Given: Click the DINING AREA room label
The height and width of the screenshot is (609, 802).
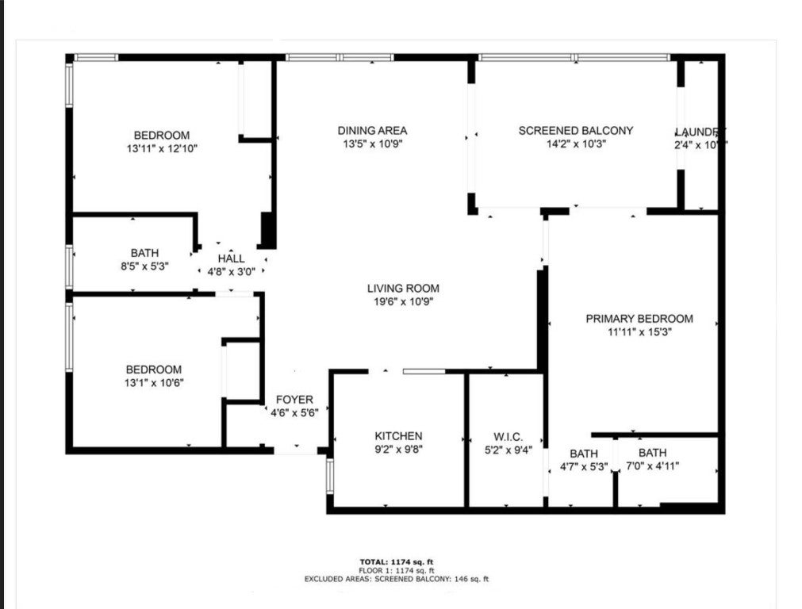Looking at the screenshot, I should click(372, 131).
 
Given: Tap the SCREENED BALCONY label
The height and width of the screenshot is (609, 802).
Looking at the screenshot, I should click(575, 131).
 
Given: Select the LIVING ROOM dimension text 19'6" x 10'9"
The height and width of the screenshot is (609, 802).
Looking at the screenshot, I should click(402, 301).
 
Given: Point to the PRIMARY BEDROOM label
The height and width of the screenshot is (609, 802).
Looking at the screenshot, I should click(639, 319).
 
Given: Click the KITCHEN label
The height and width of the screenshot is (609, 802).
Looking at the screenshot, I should click(398, 436).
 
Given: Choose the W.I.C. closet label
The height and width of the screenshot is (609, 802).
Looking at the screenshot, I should click(507, 436).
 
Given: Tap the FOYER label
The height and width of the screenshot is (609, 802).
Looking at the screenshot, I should click(294, 400).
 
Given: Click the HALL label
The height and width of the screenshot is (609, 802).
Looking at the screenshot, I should click(231, 259).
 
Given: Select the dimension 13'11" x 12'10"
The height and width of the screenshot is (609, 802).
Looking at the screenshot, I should click(161, 148).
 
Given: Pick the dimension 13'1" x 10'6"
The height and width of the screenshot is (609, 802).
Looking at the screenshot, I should click(153, 382).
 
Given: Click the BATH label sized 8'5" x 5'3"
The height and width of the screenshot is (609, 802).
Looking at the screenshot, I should click(144, 253).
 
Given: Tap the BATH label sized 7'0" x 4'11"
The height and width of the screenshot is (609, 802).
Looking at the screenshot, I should click(652, 453).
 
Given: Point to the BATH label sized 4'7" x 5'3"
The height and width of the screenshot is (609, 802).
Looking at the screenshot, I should click(583, 454).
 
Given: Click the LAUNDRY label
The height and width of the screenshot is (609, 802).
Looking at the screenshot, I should click(700, 132).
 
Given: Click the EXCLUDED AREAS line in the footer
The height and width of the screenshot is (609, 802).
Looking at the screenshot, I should click(396, 579).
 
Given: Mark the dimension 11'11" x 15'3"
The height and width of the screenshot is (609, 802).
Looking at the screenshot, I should click(639, 332).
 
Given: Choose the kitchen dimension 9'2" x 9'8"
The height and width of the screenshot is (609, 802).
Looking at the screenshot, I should click(398, 449).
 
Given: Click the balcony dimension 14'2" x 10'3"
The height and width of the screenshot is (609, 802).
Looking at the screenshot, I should click(575, 144).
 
